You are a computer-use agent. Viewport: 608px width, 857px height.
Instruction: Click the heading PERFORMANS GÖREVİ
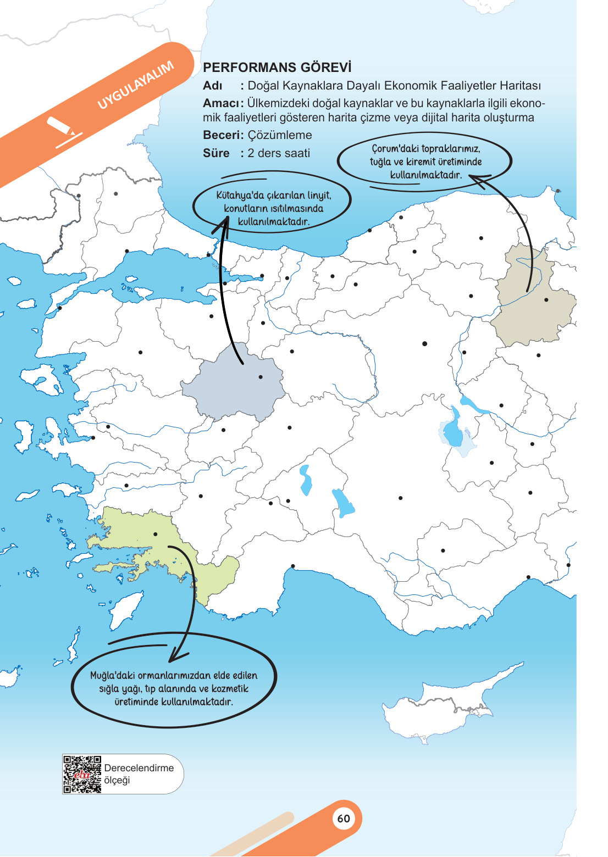click(x=277, y=68)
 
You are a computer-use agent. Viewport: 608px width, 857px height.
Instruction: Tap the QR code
click(x=82, y=775)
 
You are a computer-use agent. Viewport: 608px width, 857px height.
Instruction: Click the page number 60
click(x=344, y=819)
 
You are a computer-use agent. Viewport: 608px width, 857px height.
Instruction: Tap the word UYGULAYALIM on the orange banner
click(x=136, y=85)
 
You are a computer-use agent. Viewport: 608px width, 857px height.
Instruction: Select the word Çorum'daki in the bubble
click(x=395, y=149)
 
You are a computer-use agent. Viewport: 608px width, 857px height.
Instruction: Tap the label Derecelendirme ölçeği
click(x=139, y=774)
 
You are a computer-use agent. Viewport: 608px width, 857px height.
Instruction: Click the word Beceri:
click(x=223, y=135)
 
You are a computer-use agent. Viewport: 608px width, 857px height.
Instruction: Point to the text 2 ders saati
click(x=279, y=153)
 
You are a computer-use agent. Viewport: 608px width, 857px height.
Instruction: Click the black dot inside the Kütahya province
click(x=261, y=377)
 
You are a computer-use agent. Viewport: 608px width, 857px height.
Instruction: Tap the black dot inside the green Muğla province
click(x=156, y=534)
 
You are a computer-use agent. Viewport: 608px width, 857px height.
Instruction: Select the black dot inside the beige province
click(x=546, y=300)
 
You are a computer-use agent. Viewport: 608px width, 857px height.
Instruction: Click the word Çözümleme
click(x=279, y=135)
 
